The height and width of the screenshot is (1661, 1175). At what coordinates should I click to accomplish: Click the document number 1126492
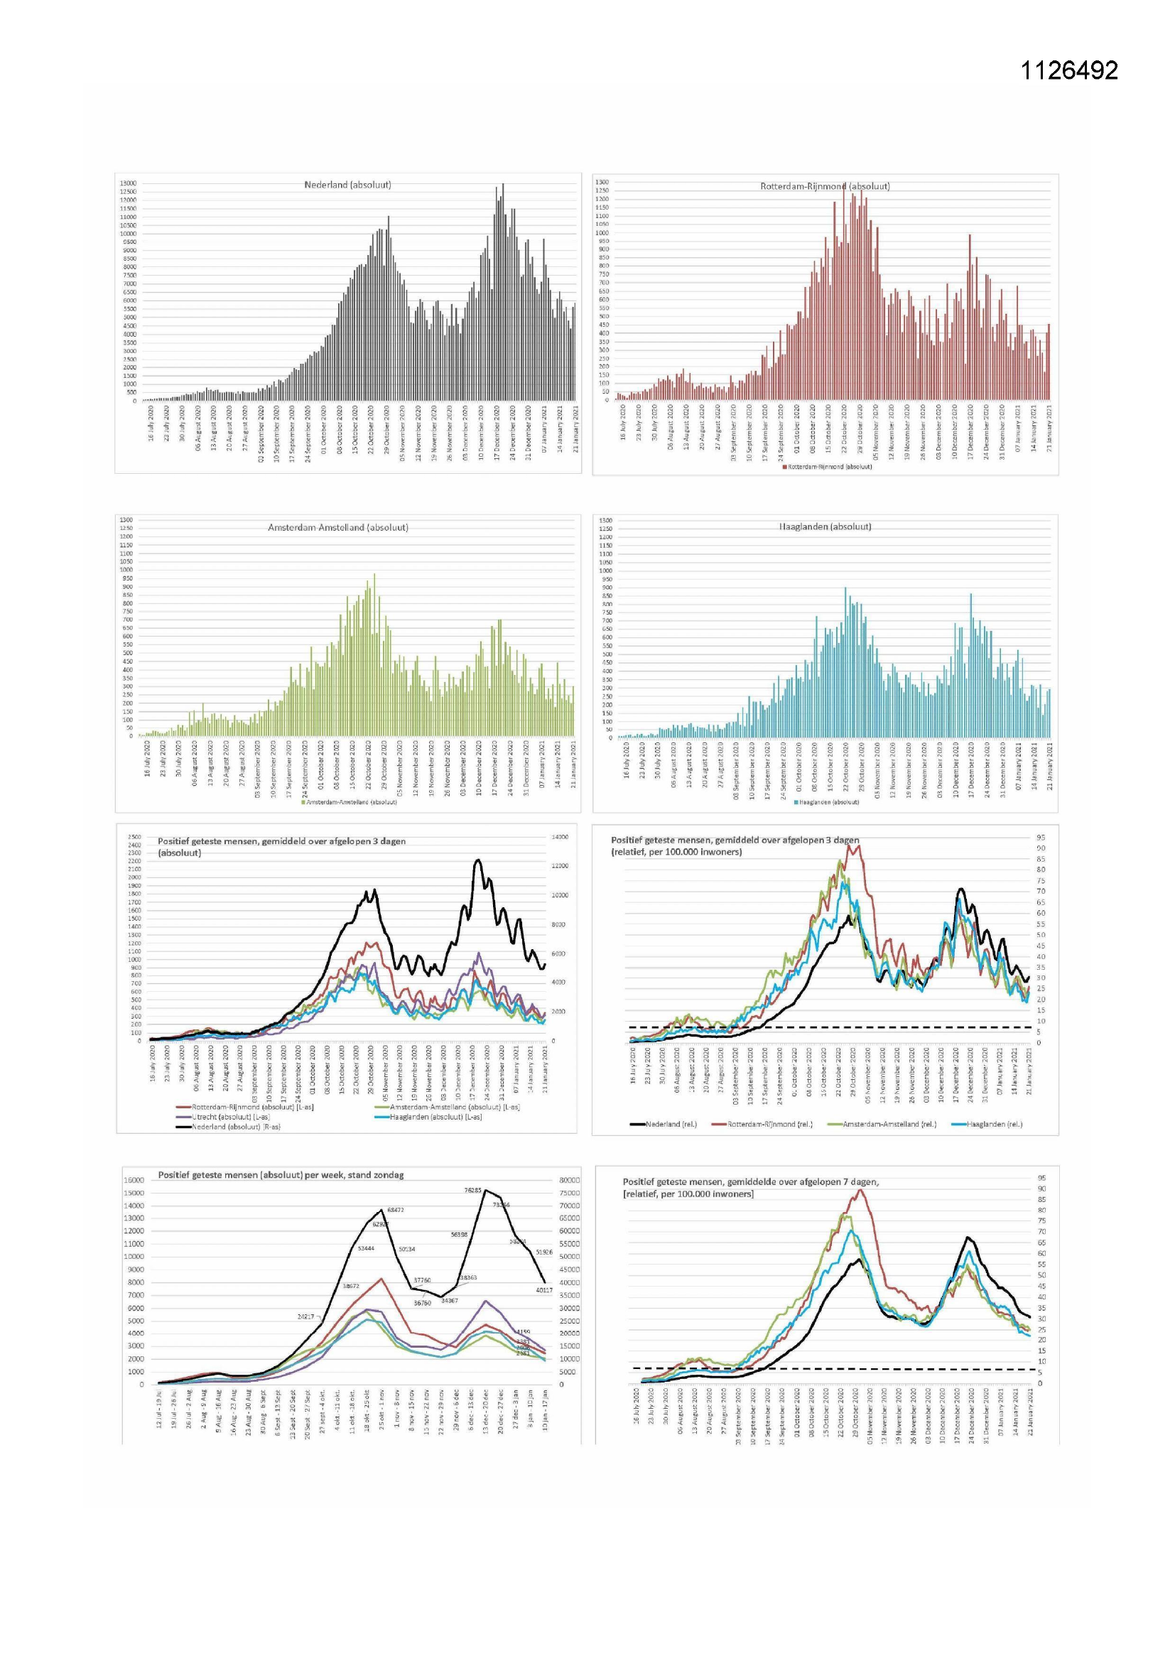point(1068,70)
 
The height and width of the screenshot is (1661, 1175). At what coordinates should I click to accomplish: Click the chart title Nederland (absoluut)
point(347,185)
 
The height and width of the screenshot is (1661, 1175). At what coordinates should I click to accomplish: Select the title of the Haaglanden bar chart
point(825,526)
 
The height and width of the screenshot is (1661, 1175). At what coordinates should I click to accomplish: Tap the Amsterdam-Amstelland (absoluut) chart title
point(338,528)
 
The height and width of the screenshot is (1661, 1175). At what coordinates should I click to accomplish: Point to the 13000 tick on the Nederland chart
point(127,184)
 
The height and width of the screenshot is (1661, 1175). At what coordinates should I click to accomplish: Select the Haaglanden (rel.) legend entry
point(995,1124)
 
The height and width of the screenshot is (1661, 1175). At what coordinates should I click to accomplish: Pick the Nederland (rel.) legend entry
point(671,1124)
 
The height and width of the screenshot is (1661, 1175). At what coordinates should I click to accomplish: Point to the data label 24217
point(306,1316)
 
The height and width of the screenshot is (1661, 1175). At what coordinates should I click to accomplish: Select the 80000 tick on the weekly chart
point(569,1180)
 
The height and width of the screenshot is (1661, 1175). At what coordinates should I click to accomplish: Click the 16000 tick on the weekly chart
point(134,1180)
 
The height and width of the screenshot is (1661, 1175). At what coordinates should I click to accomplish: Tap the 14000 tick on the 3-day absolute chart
point(560,837)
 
